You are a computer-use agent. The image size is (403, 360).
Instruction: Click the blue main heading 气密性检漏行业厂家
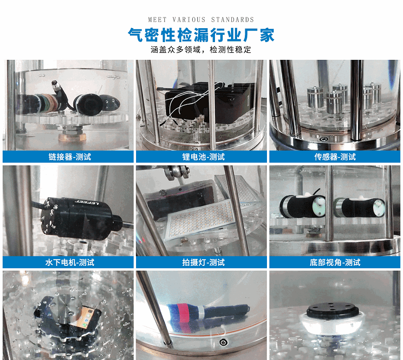pos(201,35)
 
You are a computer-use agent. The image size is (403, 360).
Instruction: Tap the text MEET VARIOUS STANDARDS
pos(201,20)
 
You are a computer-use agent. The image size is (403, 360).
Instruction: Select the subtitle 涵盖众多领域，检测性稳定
pos(201,49)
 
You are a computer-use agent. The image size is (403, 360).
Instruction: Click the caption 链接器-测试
pos(69,157)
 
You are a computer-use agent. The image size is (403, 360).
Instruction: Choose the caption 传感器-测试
pos(335,157)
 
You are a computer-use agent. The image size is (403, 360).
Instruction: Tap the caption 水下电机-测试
pos(69,262)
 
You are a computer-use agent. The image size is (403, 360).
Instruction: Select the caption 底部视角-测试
pos(335,262)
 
